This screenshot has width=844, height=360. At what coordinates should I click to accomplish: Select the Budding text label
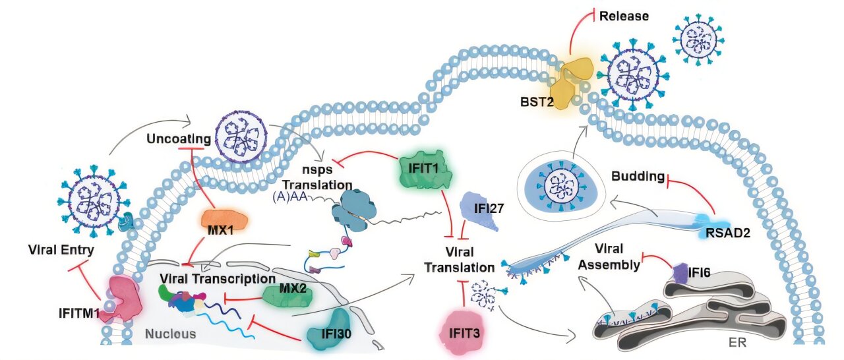tap(637, 176)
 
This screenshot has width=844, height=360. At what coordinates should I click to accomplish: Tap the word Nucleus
tap(171, 334)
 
